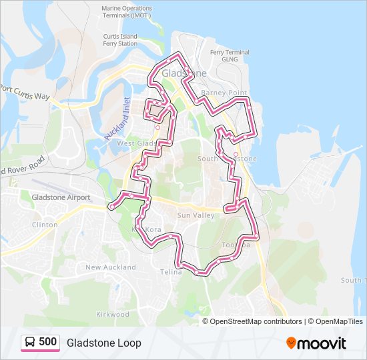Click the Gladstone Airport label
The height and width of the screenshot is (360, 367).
click(x=61, y=197)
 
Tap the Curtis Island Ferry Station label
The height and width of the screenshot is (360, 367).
click(x=120, y=40)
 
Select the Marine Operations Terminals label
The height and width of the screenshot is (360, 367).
click(x=127, y=12)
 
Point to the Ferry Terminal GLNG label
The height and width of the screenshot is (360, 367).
click(x=230, y=55)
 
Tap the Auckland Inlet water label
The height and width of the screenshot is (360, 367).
click(x=117, y=118)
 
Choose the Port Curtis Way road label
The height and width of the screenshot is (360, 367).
click(x=25, y=93)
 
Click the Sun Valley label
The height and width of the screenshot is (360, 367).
click(x=196, y=216)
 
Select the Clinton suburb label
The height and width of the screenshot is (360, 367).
click(x=45, y=225)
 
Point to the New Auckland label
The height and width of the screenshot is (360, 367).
click(x=111, y=267)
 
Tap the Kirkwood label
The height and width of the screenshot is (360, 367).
click(x=112, y=314)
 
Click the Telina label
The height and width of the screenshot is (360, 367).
click(x=171, y=272)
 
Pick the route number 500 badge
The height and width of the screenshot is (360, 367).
click(x=47, y=342)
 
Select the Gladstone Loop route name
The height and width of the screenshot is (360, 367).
click(x=103, y=343)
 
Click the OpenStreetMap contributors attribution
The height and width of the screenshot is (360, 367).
click(x=256, y=321)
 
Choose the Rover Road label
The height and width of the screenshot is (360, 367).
click(x=23, y=166)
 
